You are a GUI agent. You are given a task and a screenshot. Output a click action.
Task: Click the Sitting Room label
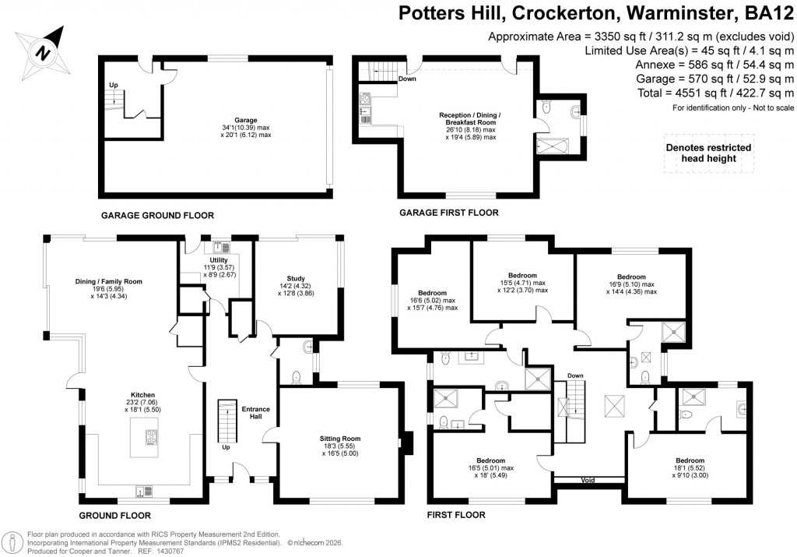click(340, 439)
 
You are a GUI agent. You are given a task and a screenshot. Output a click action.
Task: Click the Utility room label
click(219, 260)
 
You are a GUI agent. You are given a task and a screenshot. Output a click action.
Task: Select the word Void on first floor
click(588, 481)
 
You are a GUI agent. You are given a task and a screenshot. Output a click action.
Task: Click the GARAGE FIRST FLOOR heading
click(449, 213)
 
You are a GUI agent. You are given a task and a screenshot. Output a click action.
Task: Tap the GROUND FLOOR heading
click(115, 516)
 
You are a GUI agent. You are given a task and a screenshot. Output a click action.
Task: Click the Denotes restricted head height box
click(708, 153)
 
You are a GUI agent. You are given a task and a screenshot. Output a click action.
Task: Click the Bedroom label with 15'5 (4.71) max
click(522, 276)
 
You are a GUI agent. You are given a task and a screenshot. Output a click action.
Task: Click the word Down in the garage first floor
click(407, 79)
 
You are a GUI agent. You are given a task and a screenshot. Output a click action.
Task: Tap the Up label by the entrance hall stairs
click(226, 448)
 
